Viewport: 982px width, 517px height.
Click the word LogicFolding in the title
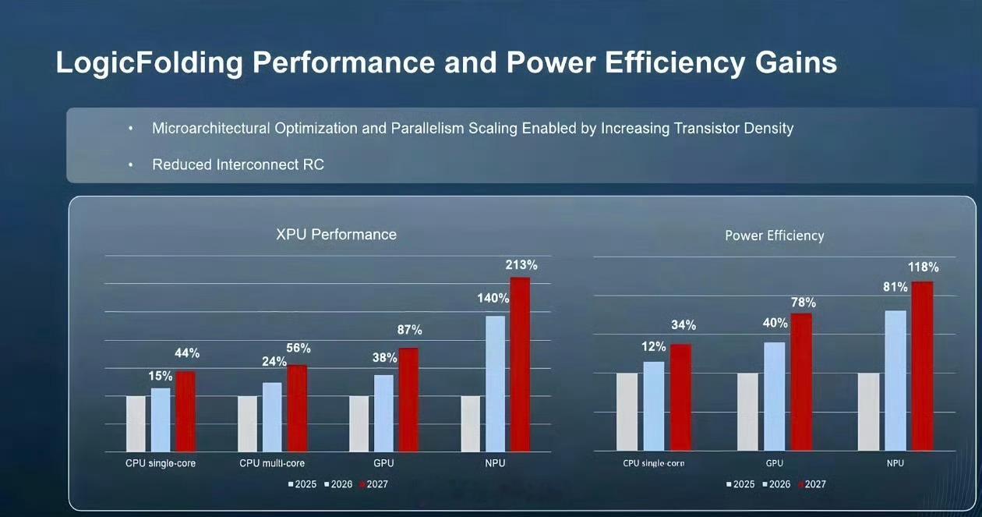[149, 63]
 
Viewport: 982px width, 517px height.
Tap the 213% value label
[521, 265]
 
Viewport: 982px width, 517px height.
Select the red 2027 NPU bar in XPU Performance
[520, 364]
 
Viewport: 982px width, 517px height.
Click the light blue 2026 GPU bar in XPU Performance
[383, 413]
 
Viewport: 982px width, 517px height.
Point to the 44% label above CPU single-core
[187, 353]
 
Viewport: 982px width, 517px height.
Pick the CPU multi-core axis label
[272, 463]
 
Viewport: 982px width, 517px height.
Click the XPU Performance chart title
[336, 235]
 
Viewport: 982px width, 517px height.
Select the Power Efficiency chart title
[774, 235]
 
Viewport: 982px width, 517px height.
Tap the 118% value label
[924, 267]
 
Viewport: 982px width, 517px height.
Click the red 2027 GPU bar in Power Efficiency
[801, 382]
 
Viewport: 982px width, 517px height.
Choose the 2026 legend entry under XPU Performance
[338, 484]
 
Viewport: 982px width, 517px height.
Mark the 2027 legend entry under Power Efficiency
[812, 484]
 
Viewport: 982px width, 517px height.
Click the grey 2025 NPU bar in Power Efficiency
[868, 412]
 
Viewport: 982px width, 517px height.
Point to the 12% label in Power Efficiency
[654, 347]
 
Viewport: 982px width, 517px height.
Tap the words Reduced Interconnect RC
[238, 165]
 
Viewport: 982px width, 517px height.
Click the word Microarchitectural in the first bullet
[211, 129]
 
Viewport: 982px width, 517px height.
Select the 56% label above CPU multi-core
[298, 348]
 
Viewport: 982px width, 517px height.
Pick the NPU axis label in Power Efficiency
[895, 463]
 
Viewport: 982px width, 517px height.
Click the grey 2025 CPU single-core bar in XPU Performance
[136, 423]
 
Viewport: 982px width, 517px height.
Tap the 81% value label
[895, 287]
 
